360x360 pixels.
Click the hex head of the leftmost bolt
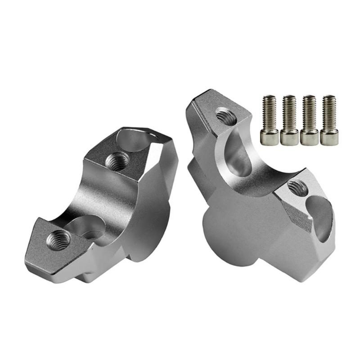pyautogui.click(x=270, y=136)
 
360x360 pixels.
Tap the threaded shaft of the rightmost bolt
pyautogui.click(x=329, y=112)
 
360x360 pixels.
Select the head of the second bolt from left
pyautogui.click(x=289, y=136)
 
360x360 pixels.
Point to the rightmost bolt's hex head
pyautogui.click(x=329, y=136)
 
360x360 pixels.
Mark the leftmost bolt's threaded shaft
pyautogui.click(x=270, y=112)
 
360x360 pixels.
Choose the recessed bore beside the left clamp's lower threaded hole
pyautogui.click(x=88, y=227)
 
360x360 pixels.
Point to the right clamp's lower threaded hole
pyautogui.click(x=297, y=188)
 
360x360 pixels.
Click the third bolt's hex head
pyautogui.click(x=310, y=136)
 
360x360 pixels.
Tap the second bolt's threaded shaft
pyautogui.click(x=289, y=112)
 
